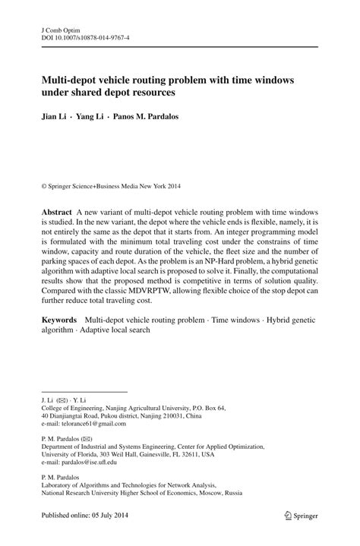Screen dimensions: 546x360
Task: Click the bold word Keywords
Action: (x=61, y=321)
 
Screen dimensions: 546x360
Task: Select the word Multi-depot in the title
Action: (x=69, y=80)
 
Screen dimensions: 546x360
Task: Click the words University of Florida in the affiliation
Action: (x=67, y=454)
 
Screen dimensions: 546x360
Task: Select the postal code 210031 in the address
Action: (x=172, y=416)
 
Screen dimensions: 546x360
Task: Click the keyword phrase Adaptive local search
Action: (x=114, y=331)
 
